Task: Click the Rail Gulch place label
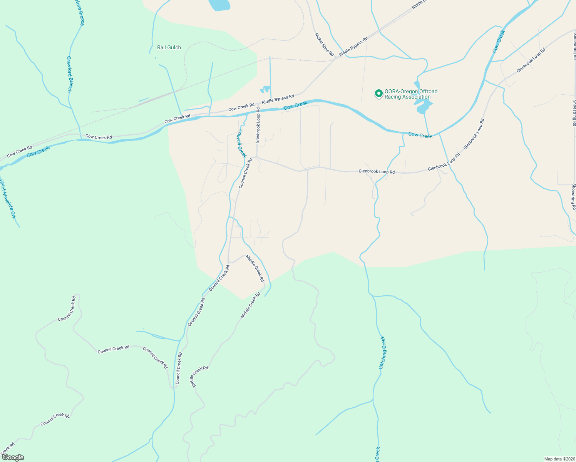[x=169, y=48]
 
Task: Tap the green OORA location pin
[x=378, y=94]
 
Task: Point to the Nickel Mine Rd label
[x=324, y=44]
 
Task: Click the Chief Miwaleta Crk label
[x=8, y=199]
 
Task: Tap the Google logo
[x=13, y=457]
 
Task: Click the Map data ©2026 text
[x=559, y=459]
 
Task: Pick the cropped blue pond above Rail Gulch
[x=219, y=5]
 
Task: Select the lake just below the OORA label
[x=424, y=106]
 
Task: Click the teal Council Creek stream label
[x=241, y=143]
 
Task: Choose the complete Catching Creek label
[x=382, y=352]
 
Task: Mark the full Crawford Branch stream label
[x=69, y=74]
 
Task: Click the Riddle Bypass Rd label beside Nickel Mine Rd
[x=353, y=47]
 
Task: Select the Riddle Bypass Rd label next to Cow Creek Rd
[x=278, y=99]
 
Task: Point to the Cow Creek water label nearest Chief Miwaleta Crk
[x=38, y=151]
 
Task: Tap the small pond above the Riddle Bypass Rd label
[x=265, y=90]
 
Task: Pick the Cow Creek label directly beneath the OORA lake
[x=420, y=135]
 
